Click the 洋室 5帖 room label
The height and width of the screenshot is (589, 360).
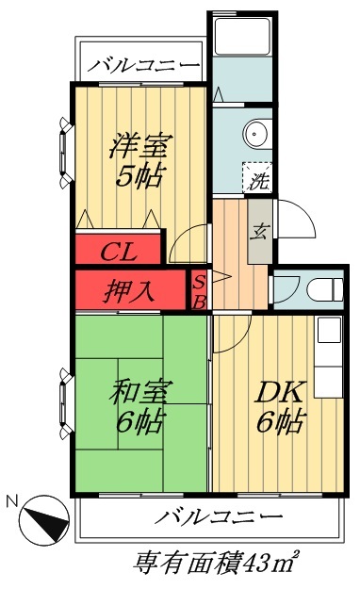139,160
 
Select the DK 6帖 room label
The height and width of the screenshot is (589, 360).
280,407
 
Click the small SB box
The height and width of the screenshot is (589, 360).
199,290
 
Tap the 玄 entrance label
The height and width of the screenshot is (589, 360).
258,231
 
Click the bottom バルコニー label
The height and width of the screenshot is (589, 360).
219,516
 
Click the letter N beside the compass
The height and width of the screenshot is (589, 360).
11,501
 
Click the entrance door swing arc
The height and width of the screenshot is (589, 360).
300,224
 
